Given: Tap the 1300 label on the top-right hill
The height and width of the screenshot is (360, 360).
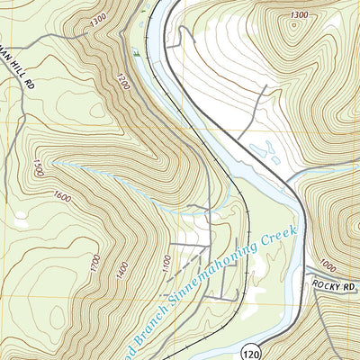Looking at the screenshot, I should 300,15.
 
